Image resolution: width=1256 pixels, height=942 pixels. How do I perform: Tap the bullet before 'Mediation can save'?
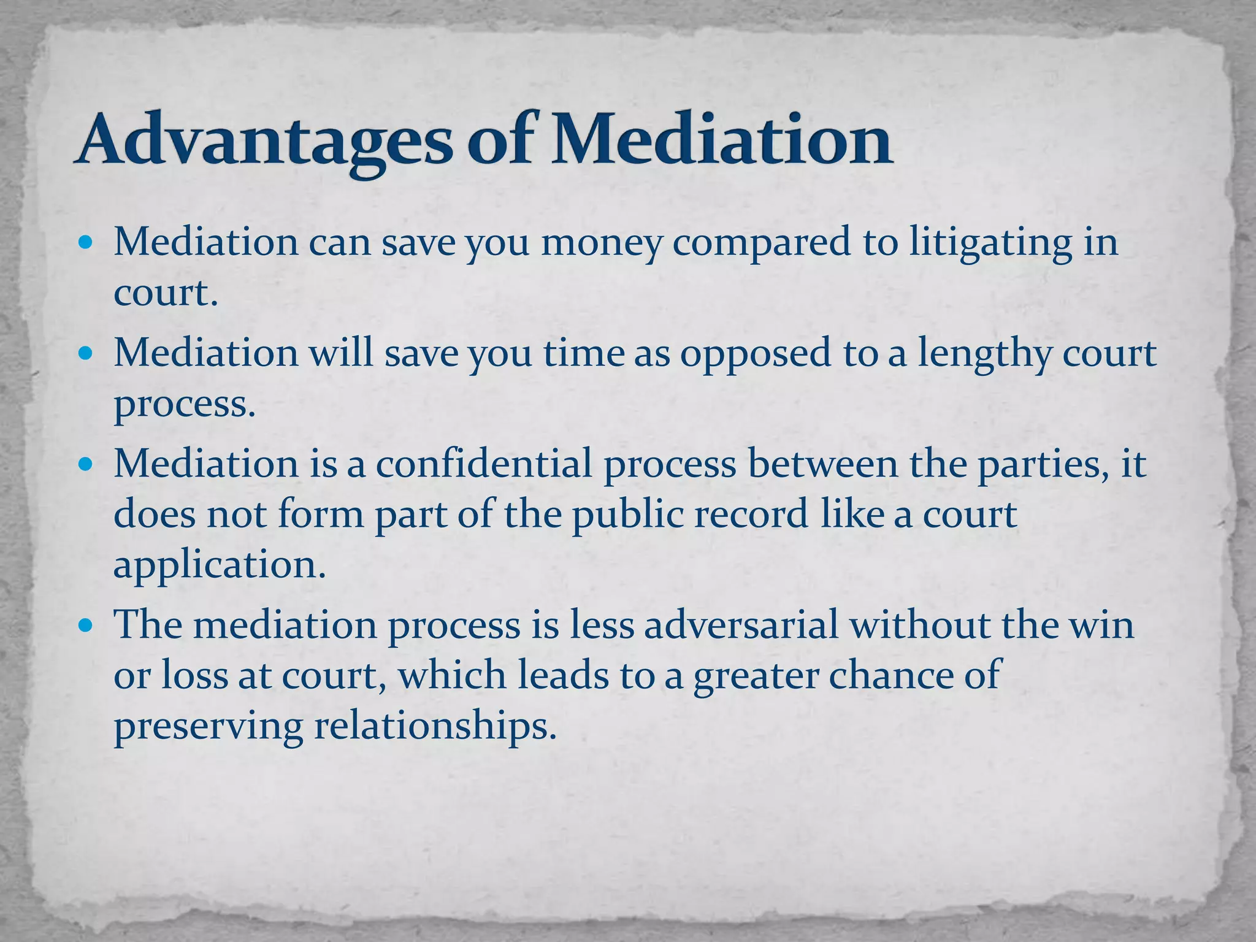click(x=86, y=243)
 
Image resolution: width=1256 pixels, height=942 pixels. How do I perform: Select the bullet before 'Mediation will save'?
click(x=86, y=354)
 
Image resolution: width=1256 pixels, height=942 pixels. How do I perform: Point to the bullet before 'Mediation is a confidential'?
click(x=86, y=464)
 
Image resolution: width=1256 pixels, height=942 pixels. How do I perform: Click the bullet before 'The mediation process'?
click(x=86, y=626)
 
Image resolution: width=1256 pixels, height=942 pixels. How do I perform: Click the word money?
click(x=601, y=243)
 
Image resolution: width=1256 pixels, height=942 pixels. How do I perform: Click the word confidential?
click(x=484, y=464)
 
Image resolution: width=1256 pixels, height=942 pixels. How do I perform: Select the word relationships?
click(x=435, y=727)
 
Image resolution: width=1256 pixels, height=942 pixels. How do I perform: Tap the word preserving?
click(x=208, y=727)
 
